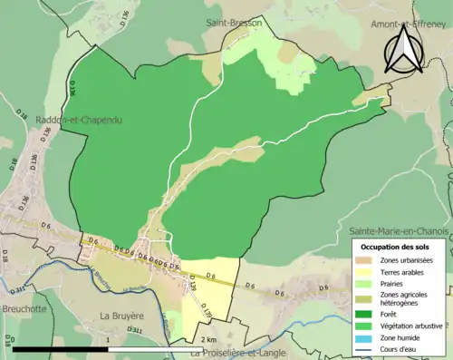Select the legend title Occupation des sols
[x=395, y=247]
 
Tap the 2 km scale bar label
[x=203, y=339]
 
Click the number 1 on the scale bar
[x=108, y=339]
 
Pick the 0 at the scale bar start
[x=13, y=339]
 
